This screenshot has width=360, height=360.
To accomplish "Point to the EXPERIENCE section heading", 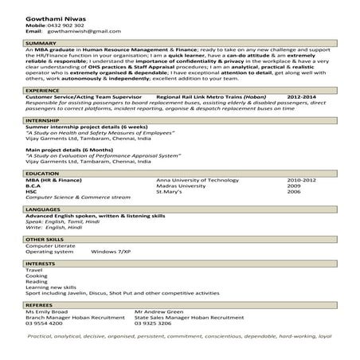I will (42, 92).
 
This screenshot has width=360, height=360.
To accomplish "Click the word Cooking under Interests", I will (37, 276).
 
